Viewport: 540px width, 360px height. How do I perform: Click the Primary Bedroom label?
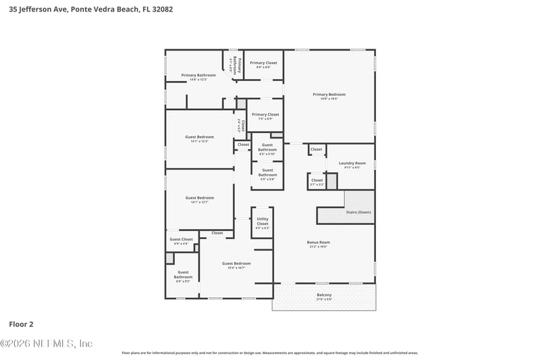tap(329, 95)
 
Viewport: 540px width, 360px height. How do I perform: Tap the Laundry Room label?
tap(352, 163)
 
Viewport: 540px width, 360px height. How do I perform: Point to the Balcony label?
tap(324, 294)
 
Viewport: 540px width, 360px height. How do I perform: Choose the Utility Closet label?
tap(263, 221)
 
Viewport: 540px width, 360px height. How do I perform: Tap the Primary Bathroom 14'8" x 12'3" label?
tap(198, 75)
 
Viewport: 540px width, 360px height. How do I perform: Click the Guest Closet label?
tap(181, 239)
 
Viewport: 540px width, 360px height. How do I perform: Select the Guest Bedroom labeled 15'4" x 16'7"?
tap(236, 263)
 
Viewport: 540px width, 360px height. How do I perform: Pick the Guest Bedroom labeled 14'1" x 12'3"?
tap(200, 137)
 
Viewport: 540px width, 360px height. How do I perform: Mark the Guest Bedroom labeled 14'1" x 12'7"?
tap(200, 198)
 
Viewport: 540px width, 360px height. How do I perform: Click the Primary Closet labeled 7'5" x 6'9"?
tap(265, 115)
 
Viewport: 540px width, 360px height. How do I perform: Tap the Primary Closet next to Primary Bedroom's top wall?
tap(263, 63)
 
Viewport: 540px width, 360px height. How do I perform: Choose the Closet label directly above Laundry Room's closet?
tap(316, 149)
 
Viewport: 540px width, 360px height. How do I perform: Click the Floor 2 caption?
tap(21, 324)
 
